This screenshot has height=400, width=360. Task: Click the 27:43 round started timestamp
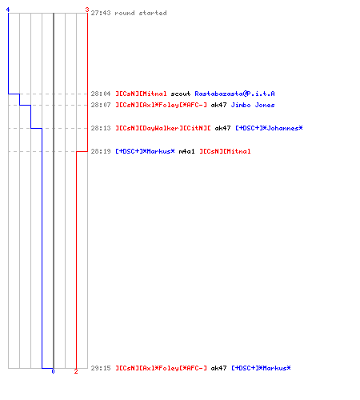coord(101,13)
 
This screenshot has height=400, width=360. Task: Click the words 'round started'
coord(141,13)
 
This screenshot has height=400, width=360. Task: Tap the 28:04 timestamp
coord(101,94)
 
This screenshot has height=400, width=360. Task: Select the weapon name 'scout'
coord(181,94)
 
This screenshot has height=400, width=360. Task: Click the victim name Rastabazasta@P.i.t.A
coord(234,94)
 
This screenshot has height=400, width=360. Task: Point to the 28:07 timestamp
coord(101,105)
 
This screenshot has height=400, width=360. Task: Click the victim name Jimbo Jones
coord(253,105)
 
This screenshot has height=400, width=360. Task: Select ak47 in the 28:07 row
coord(218,105)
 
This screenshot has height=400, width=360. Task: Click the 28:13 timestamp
coord(101,128)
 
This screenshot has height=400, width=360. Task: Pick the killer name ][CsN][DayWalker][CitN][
coord(163,128)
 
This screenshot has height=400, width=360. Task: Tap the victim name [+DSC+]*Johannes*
coord(269,128)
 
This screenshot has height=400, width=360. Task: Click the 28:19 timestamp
coord(101,151)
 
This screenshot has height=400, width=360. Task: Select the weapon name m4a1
coord(186,151)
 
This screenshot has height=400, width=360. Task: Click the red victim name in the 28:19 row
coord(225,151)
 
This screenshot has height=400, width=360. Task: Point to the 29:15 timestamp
coord(101,368)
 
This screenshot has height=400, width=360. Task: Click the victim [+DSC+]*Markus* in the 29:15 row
coord(261,368)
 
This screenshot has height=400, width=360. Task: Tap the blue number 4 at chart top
coord(8,10)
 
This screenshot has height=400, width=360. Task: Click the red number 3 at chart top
coord(87,10)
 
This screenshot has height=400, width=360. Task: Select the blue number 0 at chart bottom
coord(53,371)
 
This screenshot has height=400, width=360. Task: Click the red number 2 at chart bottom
coord(76,371)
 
